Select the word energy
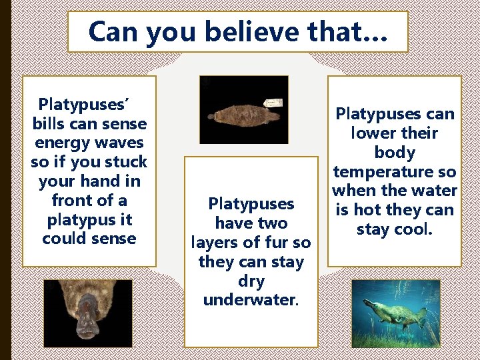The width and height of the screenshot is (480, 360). (x=59, y=143)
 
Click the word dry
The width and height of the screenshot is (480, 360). (x=251, y=281)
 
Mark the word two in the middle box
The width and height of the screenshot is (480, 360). (x=270, y=223)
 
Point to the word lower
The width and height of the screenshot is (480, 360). (x=369, y=133)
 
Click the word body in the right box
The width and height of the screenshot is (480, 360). (x=394, y=152)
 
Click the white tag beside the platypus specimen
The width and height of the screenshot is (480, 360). (x=273, y=104)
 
